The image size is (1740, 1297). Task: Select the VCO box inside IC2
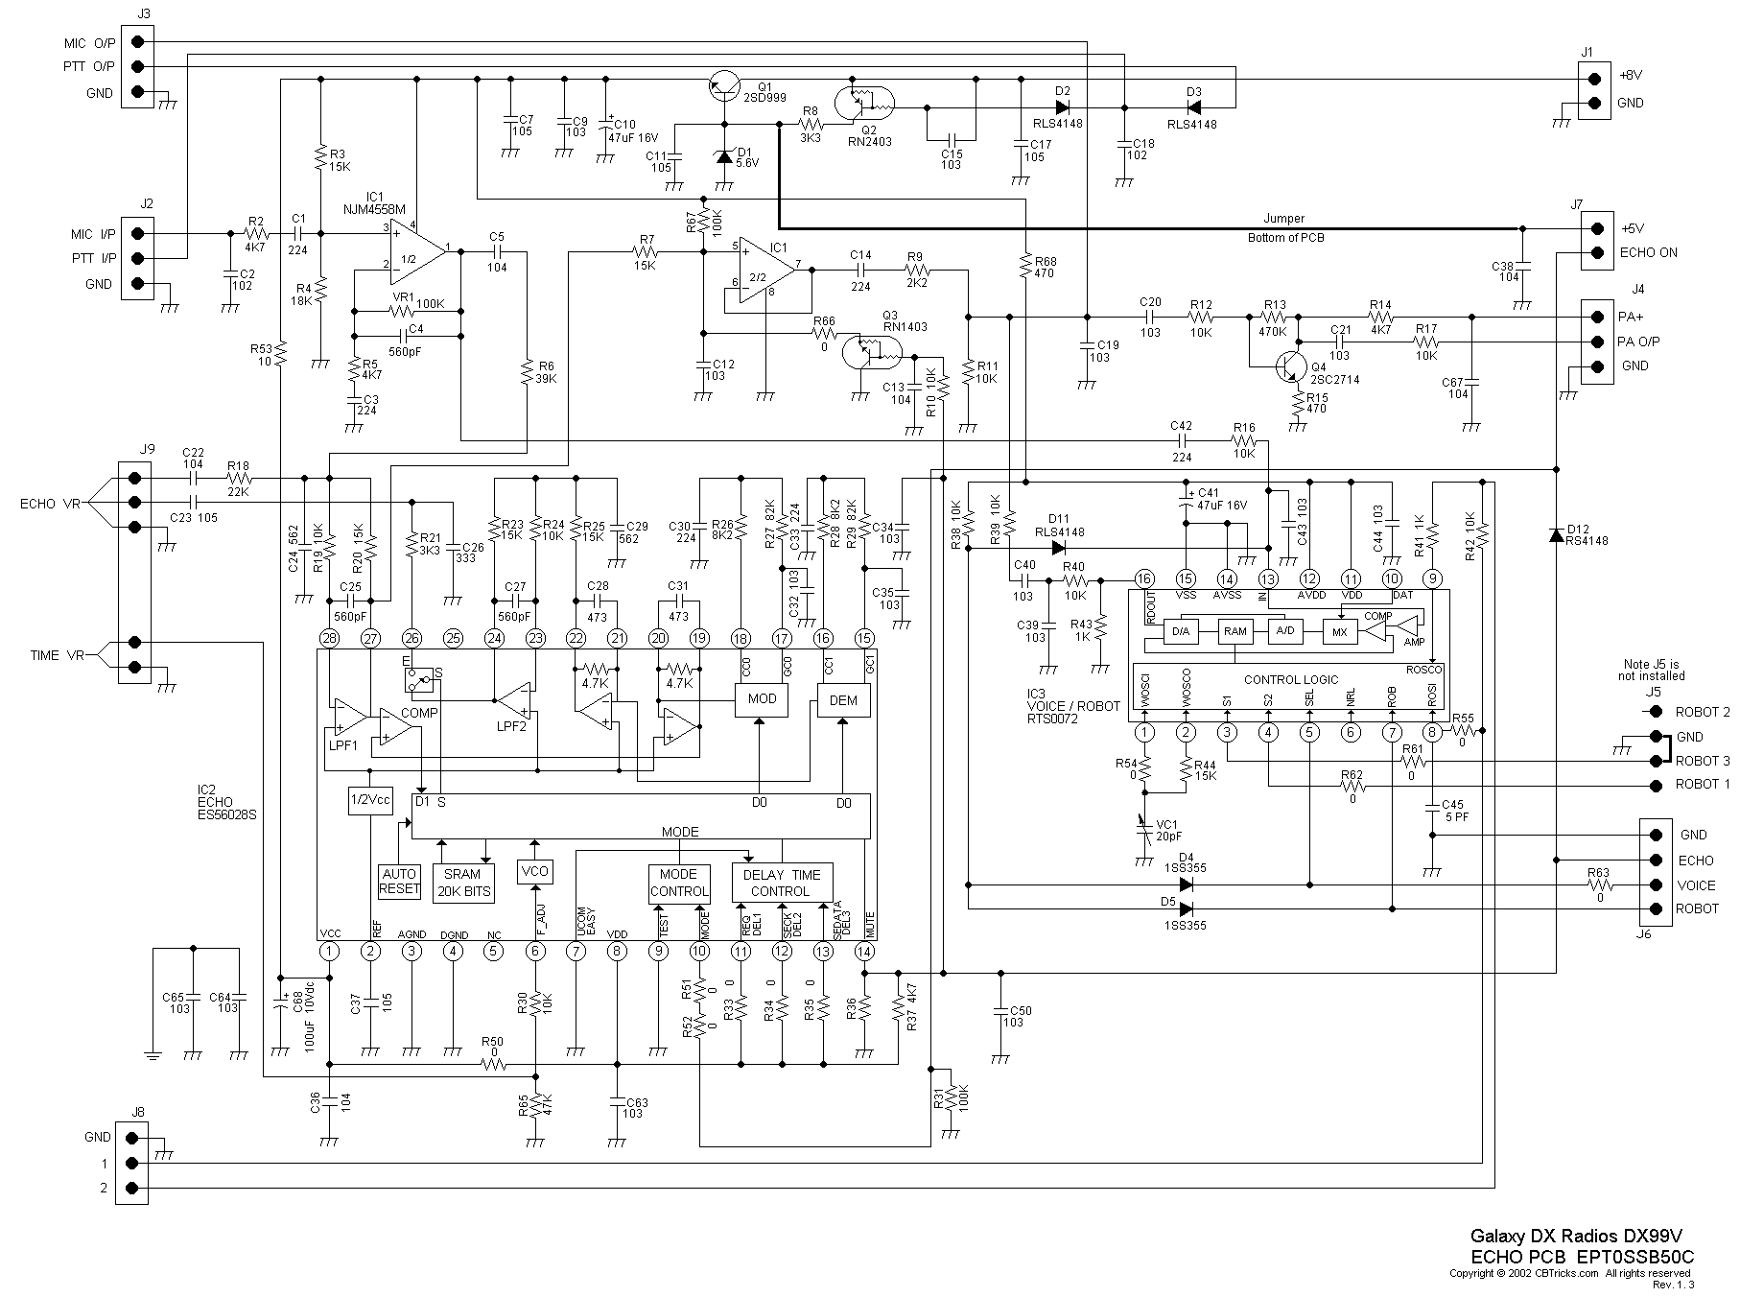click(533, 871)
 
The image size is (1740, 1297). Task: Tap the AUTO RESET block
click(399, 881)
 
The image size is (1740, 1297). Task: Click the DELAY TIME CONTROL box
click(782, 883)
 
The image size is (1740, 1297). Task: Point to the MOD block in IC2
click(762, 698)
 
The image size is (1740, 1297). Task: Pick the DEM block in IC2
click(843, 700)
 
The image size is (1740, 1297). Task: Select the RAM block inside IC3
click(1234, 631)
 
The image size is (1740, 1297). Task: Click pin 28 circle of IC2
click(329, 638)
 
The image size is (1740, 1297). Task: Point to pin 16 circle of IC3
click(1143, 578)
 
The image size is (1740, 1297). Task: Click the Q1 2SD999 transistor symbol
click(724, 86)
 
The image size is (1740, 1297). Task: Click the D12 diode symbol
click(1556, 534)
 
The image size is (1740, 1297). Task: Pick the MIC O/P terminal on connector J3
click(140, 41)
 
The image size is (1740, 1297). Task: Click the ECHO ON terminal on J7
click(1597, 253)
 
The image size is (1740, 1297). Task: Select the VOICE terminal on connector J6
click(1656, 885)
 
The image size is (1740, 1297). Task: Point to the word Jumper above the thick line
click(1283, 219)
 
